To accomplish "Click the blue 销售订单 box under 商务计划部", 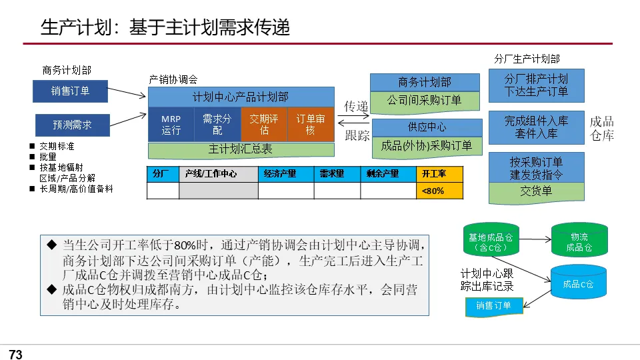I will (70, 91).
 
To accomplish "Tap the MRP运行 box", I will (171, 124).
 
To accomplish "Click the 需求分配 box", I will (217, 124).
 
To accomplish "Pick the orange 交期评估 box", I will (264, 124).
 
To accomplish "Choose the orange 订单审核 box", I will (310, 124).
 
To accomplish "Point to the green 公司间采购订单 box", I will (425, 101).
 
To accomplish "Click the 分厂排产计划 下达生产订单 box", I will (536, 85).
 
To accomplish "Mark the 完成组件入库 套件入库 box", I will (536, 127).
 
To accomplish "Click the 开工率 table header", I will (439, 174).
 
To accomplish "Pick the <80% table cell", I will (439, 191).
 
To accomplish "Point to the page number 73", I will (15, 355).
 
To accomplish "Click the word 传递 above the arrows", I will (356, 107).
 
